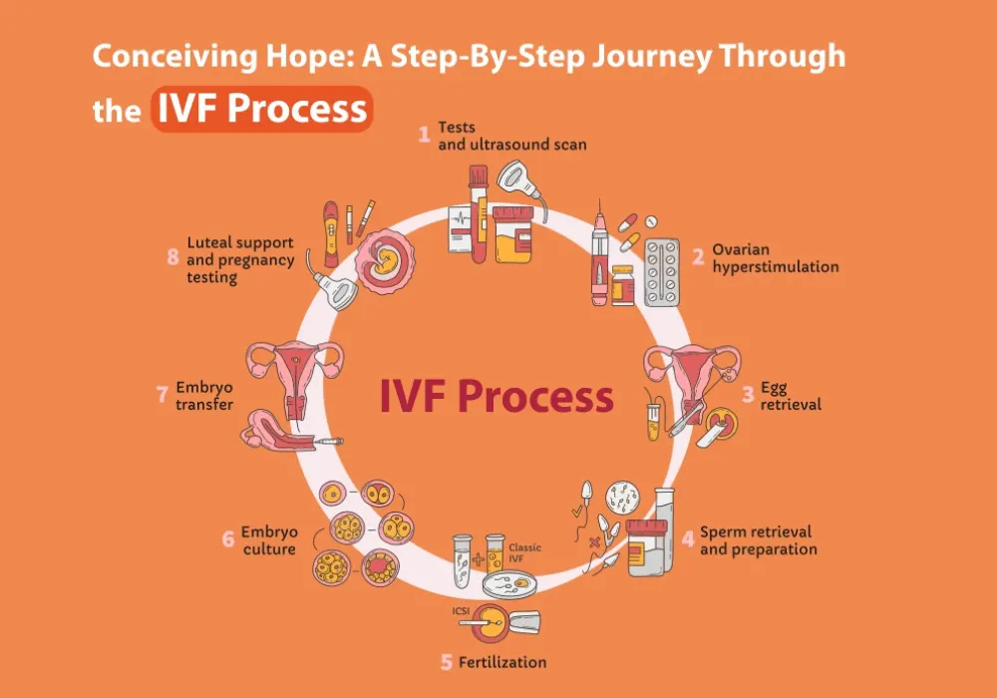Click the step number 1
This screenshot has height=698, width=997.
(x=424, y=131)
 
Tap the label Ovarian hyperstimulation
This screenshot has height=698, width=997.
(x=775, y=258)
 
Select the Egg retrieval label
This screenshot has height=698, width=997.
(x=791, y=395)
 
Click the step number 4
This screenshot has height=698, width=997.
(x=688, y=539)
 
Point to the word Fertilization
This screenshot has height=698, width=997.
(x=507, y=661)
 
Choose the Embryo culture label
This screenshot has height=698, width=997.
(x=268, y=539)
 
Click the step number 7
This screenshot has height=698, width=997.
(x=162, y=395)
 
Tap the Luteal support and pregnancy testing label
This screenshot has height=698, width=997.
(x=239, y=259)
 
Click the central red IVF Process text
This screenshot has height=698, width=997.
(x=496, y=397)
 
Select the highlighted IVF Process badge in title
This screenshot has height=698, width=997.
(x=262, y=110)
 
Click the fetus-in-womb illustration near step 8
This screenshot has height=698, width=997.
(x=383, y=261)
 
